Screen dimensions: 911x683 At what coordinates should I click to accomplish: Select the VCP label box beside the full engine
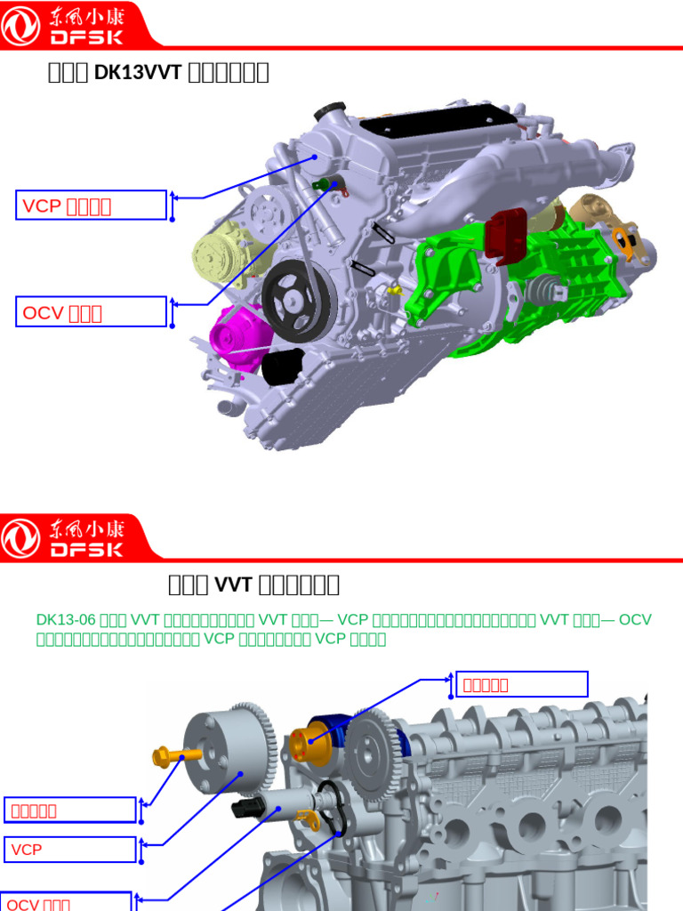(x=92, y=206)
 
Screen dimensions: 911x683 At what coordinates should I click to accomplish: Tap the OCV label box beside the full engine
(x=92, y=312)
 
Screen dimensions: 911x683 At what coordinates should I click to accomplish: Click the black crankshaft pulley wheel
(x=297, y=301)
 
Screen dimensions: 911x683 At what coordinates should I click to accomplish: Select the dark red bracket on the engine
(x=507, y=237)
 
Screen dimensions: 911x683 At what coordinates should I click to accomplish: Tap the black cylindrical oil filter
(x=283, y=367)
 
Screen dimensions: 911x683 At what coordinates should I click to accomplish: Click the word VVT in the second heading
(x=235, y=584)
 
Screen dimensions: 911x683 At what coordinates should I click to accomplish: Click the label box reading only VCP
(x=71, y=850)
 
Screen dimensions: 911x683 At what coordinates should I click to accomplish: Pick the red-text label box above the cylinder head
(x=521, y=684)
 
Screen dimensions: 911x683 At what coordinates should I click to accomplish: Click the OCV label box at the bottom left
(x=68, y=902)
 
